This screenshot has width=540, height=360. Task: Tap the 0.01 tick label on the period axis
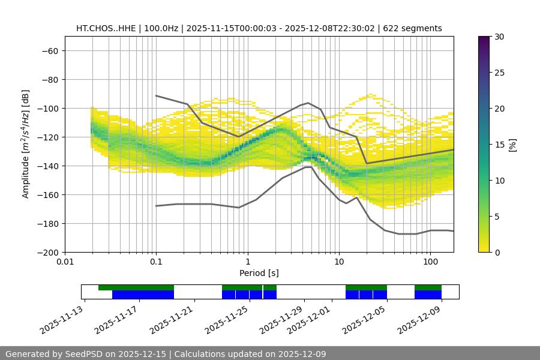[65, 262]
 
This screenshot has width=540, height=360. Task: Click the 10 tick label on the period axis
[339, 262]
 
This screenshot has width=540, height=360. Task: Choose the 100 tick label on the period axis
[430, 262]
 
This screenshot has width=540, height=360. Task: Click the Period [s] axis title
[259, 273]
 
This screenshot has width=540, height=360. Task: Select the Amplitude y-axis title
[26, 144]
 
